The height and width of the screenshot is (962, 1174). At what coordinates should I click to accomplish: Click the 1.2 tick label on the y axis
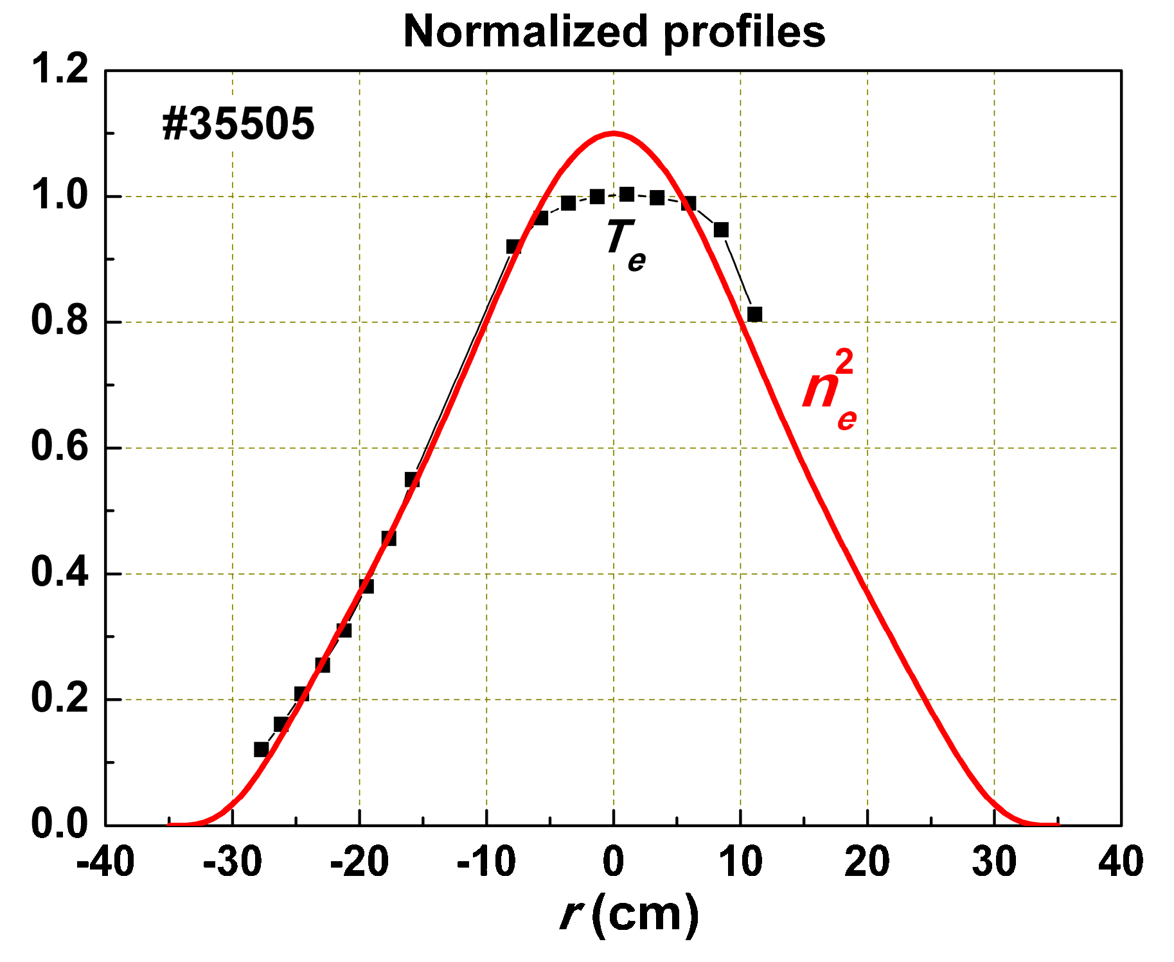(60, 69)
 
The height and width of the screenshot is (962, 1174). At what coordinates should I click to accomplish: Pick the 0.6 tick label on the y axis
(60, 447)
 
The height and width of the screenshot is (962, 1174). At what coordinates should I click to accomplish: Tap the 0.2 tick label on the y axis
(60, 699)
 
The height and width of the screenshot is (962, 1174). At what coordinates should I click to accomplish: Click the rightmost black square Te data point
(754, 314)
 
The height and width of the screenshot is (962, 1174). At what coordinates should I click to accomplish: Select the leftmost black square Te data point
(261, 749)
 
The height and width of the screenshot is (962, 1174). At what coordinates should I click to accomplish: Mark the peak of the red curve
(614, 134)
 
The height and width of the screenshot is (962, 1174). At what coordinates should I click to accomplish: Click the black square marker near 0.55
(412, 479)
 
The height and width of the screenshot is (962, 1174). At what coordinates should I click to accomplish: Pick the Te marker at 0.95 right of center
(721, 229)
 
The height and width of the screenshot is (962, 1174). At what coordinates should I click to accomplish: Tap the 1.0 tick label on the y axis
(60, 195)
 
